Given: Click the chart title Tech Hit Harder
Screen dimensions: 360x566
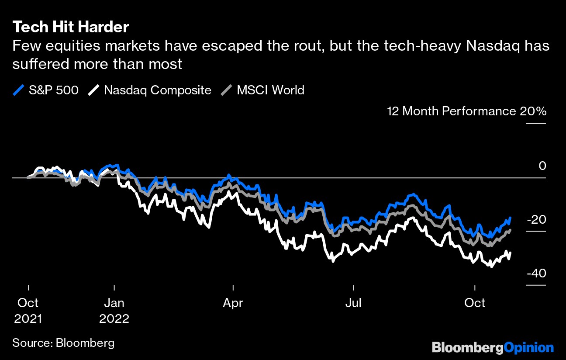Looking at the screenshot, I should tap(70, 27).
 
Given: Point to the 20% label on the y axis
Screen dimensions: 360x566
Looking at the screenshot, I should tap(533, 111).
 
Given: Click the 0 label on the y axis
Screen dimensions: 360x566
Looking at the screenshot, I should tap(542, 166).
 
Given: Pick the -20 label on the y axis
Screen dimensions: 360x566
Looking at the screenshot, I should tap(536, 220).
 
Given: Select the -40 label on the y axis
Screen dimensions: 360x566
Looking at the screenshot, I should tap(536, 273).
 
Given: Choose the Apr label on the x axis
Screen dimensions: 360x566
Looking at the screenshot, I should tap(233, 303).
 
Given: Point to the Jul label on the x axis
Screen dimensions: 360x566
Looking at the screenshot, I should tap(353, 303).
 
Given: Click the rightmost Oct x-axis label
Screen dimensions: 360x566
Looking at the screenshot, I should tap(475, 303).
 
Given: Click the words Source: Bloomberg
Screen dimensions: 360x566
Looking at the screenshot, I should tap(63, 343).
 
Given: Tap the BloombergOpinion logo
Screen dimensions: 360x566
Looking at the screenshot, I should tap(493, 348).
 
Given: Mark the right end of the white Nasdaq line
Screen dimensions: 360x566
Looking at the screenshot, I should tap(510, 253).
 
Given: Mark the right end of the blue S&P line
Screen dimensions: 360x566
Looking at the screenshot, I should tap(510, 218).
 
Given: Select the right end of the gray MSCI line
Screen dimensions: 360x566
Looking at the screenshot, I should tap(510, 230).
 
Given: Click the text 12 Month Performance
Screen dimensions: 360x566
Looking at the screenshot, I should tap(451, 111).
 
